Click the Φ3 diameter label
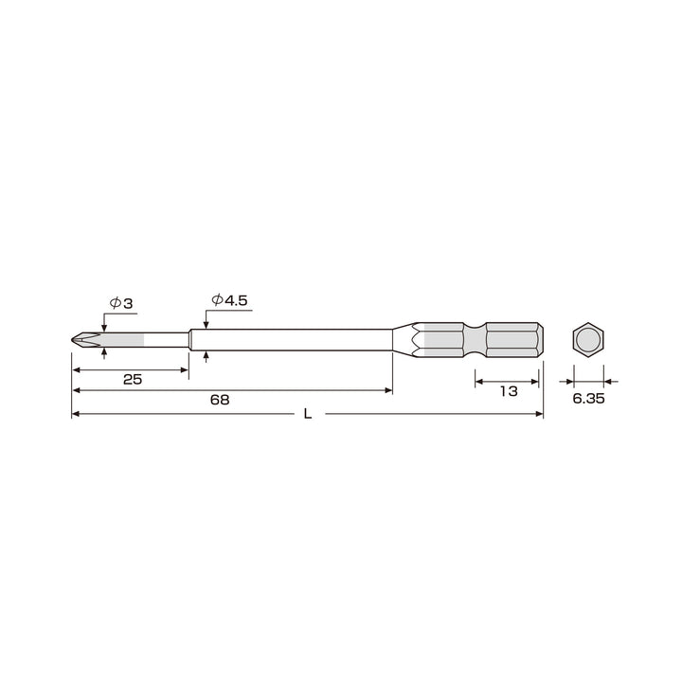(121, 303)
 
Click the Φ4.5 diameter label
(229, 300)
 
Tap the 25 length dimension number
(133, 380)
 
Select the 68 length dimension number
(220, 400)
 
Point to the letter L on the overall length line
(308, 414)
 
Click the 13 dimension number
(509, 391)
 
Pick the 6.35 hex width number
(588, 399)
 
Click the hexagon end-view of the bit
(588, 340)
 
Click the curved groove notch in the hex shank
(475, 340)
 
